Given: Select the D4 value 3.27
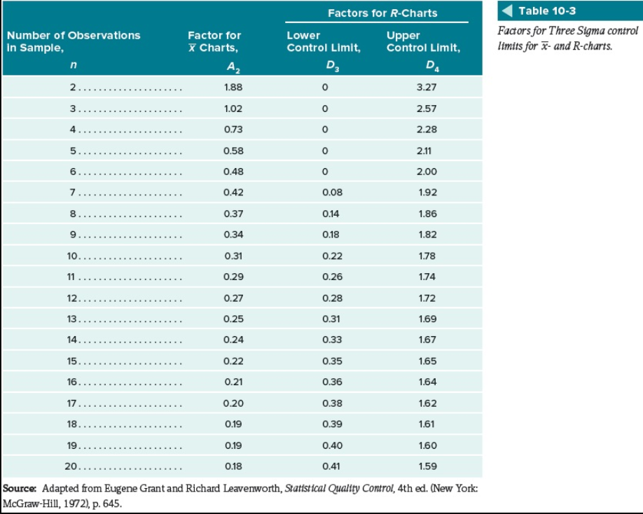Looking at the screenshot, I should click(426, 88).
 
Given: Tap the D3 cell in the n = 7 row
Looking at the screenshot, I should click(333, 193).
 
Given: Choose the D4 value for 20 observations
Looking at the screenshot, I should click(426, 466).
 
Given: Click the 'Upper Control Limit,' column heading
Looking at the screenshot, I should click(423, 42).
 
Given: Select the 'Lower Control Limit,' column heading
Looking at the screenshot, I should click(324, 42).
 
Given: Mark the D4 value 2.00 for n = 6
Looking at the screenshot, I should click(426, 172).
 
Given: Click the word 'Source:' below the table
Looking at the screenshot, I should click(21, 487).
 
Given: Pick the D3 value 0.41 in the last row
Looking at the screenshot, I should click(333, 466).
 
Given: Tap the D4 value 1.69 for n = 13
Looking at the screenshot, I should click(426, 319).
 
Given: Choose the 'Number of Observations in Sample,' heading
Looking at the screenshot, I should click(74, 42).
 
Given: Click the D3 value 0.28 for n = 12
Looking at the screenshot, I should click(333, 298).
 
